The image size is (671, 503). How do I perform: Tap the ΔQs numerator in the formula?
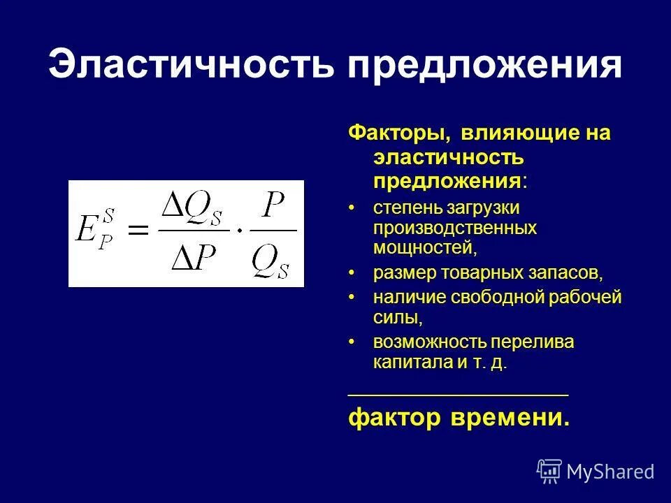(x=195, y=207)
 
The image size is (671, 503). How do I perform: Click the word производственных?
(x=454, y=228)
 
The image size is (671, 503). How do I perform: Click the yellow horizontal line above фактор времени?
(x=458, y=395)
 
